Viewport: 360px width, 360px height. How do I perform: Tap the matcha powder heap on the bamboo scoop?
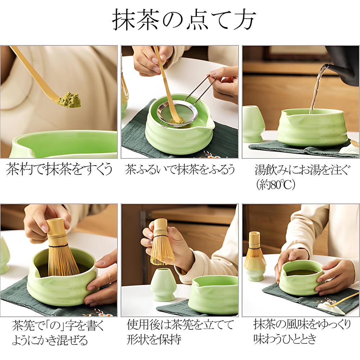point(69,100)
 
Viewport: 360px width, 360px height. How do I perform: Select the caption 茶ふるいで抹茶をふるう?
point(180,170)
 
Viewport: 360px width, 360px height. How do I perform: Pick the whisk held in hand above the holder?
point(161,243)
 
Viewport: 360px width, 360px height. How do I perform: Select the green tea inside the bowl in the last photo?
point(301,272)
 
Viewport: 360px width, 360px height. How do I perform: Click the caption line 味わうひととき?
point(285,339)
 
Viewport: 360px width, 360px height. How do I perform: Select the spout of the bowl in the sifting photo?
point(210,123)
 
